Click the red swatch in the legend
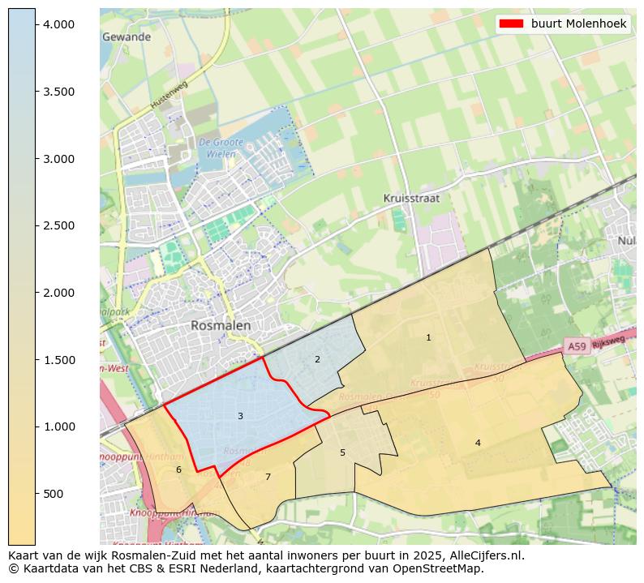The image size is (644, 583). pyautogui.click(x=513, y=24)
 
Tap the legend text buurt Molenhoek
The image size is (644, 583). pyautogui.click(x=578, y=24)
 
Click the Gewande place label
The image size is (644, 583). pyautogui.click(x=127, y=37)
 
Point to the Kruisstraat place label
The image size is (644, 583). pyautogui.click(x=411, y=198)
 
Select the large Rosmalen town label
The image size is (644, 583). pyautogui.click(x=221, y=325)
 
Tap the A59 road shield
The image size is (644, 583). pyautogui.click(x=576, y=346)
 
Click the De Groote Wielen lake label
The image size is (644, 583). pyautogui.click(x=217, y=148)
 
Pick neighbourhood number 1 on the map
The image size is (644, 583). pyautogui.click(x=428, y=337)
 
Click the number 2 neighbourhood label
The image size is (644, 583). pyautogui.click(x=317, y=359)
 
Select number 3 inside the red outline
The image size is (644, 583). pyautogui.click(x=240, y=416)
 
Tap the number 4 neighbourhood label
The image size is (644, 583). pyautogui.click(x=478, y=443)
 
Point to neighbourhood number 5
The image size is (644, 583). pyautogui.click(x=342, y=452)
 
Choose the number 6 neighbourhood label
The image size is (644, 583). pyautogui.click(x=178, y=469)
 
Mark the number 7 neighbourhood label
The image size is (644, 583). pyautogui.click(x=268, y=477)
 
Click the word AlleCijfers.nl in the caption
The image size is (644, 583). pyautogui.click(x=483, y=556)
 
